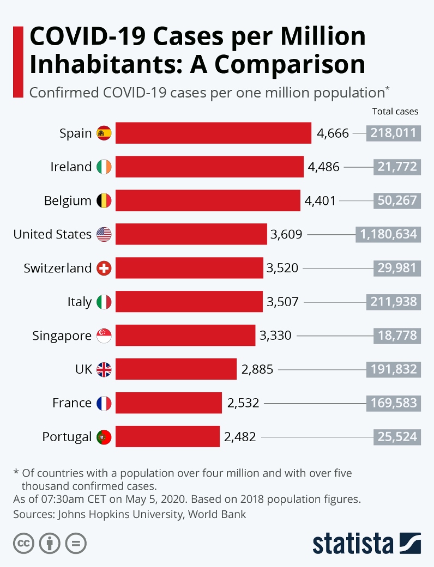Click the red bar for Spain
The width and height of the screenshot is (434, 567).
[x=213, y=133]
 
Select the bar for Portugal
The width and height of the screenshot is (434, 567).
[x=167, y=436]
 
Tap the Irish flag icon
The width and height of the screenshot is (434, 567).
[x=104, y=167]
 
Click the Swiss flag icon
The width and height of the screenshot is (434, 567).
[x=104, y=268]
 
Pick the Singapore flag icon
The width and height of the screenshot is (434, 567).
[x=104, y=336]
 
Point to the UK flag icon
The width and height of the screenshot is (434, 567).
[x=104, y=370]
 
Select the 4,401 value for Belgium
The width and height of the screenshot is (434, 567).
[x=321, y=201]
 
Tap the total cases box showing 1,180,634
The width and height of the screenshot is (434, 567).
[x=388, y=234]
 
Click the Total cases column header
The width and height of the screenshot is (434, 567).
[x=395, y=112]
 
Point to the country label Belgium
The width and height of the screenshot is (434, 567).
[x=68, y=201]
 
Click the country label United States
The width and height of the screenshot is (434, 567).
[x=52, y=234]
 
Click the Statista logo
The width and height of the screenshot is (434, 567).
[x=366, y=543]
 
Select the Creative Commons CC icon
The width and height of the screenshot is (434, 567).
[x=24, y=543]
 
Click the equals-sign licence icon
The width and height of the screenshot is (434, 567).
[x=76, y=543]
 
